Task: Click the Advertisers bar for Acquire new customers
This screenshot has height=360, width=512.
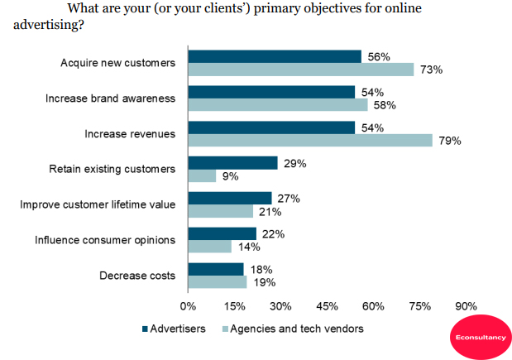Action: [x=275, y=56]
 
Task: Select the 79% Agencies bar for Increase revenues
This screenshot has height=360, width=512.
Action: [x=310, y=141]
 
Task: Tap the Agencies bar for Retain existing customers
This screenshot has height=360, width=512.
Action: [x=202, y=175]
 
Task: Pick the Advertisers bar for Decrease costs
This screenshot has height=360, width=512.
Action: [x=216, y=269]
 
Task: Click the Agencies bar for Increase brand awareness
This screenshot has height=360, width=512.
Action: [x=278, y=105]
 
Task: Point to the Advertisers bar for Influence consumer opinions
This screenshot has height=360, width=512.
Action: [x=222, y=233]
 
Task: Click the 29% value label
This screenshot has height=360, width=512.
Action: [x=294, y=163]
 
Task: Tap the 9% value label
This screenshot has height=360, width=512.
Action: [x=229, y=176]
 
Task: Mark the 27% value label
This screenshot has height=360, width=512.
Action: [x=287, y=199]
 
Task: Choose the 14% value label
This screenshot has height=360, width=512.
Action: [x=247, y=247]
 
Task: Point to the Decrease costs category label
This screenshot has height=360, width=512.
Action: [x=136, y=276]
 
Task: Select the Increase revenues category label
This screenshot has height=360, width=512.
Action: [x=131, y=133]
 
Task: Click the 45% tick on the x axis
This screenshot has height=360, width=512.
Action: [x=327, y=306]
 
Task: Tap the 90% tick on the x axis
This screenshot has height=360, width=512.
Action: [x=466, y=306]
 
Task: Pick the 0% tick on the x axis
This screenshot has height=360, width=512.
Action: [x=189, y=306]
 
